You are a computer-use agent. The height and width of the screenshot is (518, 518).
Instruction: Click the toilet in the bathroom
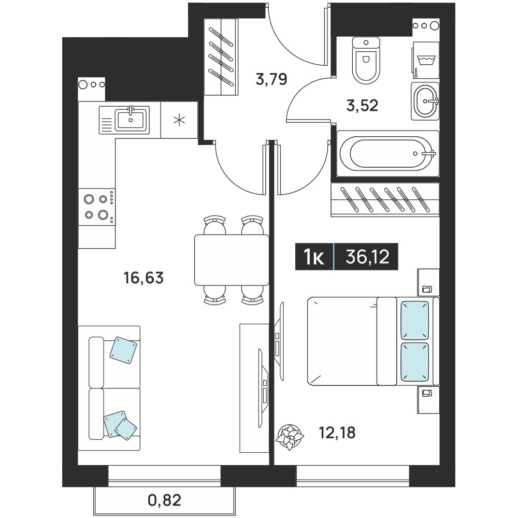[366, 61]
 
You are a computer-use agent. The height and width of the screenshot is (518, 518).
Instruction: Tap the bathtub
[388, 154]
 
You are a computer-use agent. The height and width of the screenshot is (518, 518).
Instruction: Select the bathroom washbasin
[425, 101]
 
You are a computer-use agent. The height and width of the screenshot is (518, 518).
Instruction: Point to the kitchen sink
[124, 120]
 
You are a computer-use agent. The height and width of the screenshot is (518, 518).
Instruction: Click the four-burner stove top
[97, 207]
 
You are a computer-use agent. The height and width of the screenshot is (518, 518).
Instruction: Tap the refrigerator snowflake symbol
[179, 120]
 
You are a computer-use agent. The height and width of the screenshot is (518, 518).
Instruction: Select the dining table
[232, 260]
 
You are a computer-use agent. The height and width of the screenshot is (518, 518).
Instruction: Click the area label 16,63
[143, 278]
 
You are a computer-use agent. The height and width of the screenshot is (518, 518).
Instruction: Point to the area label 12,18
[337, 433]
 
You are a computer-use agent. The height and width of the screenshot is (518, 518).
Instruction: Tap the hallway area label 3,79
[271, 80]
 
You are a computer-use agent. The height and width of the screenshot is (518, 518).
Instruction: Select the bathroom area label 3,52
[363, 106]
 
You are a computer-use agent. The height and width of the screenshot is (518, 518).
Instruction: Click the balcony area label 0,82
[165, 500]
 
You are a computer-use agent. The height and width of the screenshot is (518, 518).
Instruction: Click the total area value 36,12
[367, 257]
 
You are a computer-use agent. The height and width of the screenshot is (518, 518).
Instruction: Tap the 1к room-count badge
[314, 257]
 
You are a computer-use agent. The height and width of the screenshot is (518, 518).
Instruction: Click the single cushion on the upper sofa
[123, 351]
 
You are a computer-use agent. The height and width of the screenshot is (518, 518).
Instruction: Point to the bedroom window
[353, 476]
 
